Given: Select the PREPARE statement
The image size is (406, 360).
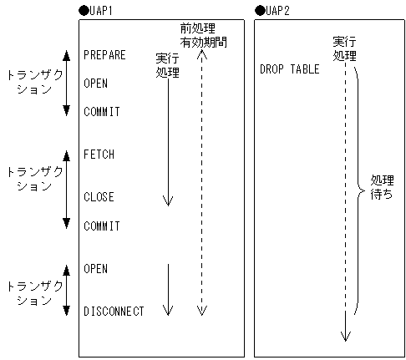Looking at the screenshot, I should [105, 55].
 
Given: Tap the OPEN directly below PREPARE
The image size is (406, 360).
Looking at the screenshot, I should [96, 84].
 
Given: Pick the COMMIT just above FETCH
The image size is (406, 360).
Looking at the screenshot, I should [102, 112].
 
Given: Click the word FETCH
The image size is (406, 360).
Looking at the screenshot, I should [99, 155].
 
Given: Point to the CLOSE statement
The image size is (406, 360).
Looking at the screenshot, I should [99, 197].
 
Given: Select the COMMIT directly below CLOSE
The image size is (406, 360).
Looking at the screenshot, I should [102, 226].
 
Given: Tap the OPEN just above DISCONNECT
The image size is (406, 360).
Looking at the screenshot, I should [96, 268].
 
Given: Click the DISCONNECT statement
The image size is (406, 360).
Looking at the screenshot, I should [114, 312].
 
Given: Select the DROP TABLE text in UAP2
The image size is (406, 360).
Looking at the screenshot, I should [289, 69].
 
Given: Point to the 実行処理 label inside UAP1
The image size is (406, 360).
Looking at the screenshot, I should [167, 65].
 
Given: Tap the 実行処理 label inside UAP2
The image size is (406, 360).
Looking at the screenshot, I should [344, 48].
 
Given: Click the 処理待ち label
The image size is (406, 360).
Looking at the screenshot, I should [383, 190].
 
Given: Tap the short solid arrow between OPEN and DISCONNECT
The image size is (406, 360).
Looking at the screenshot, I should [168, 289].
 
